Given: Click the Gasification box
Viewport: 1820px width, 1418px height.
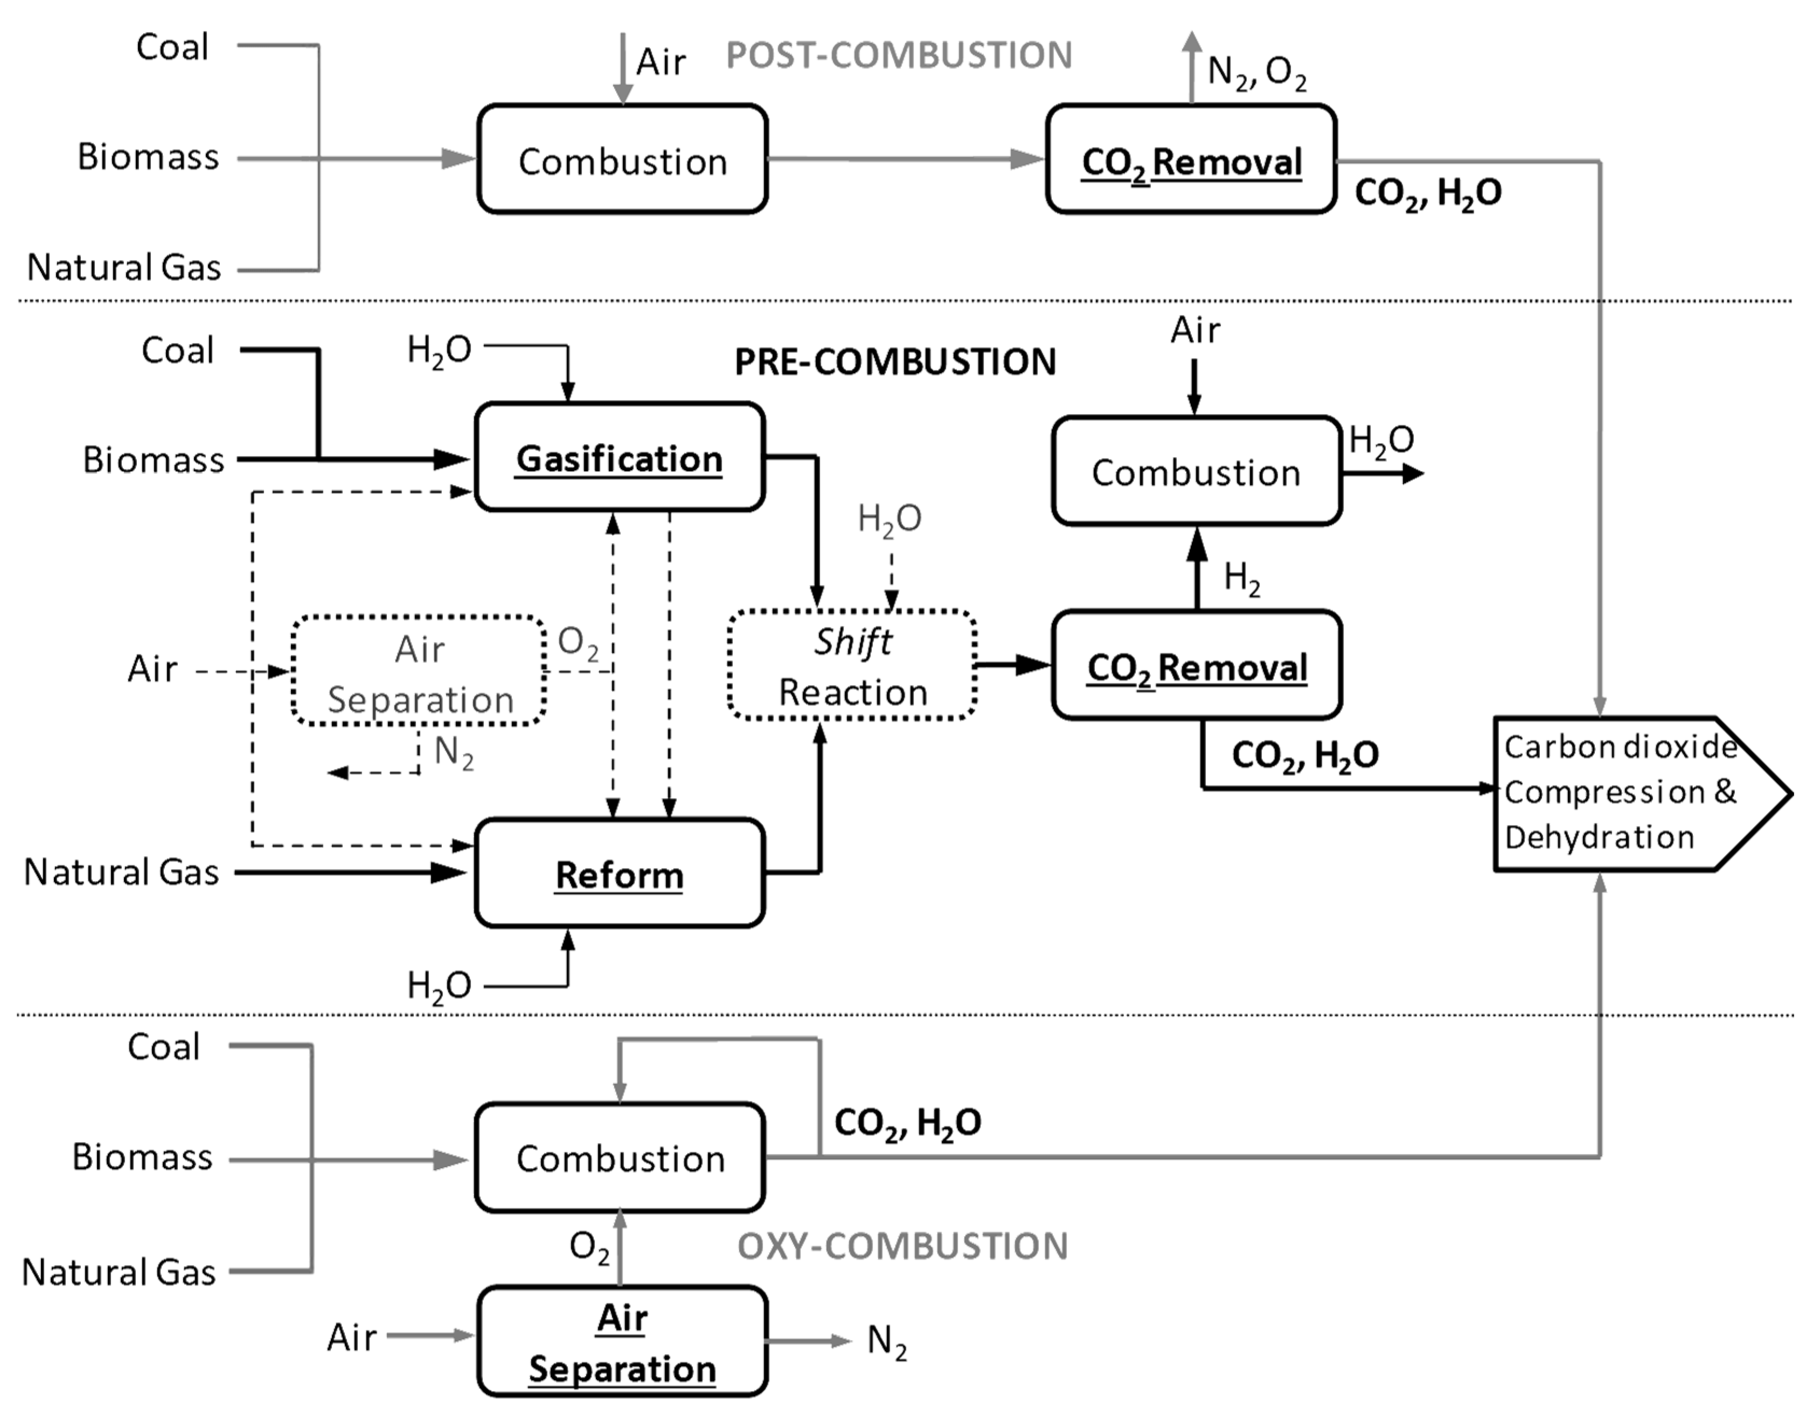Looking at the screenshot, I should coord(619,457).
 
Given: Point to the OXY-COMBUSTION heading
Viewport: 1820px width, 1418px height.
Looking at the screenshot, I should coord(902,1246).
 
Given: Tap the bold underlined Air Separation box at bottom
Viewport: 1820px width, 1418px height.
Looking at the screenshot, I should coord(622,1342).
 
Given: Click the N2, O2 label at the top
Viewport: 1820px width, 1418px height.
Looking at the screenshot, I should coord(1257,73).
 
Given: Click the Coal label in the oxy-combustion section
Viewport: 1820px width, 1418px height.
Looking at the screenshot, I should coord(163,1047).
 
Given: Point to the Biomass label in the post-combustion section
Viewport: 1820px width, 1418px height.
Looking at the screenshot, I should coord(148,157).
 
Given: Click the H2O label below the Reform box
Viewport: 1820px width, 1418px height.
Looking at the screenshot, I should coord(439,986).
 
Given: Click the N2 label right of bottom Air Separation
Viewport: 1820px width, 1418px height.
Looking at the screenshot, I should coord(887,1342).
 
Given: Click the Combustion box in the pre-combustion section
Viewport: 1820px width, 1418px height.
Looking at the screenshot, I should coord(1196,472).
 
